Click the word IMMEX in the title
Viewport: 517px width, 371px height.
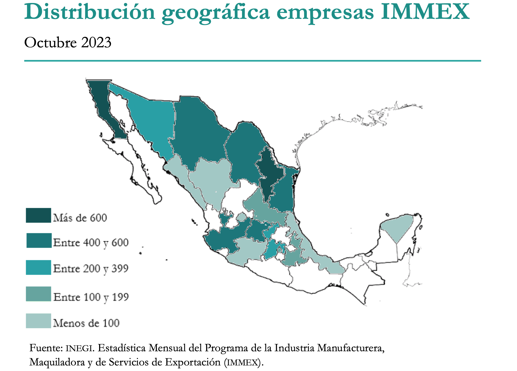425,11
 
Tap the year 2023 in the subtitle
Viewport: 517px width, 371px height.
96,43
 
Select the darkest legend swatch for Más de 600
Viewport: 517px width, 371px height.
38,215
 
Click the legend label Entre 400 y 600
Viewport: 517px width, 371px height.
91,242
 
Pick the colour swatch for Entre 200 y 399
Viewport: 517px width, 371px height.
38,267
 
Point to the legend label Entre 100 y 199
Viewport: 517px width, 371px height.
91,297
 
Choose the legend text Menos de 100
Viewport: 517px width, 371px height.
86,323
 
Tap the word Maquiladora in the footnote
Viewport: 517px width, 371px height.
57,362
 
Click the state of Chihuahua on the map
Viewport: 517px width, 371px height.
199,134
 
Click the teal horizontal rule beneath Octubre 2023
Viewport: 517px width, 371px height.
252,61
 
